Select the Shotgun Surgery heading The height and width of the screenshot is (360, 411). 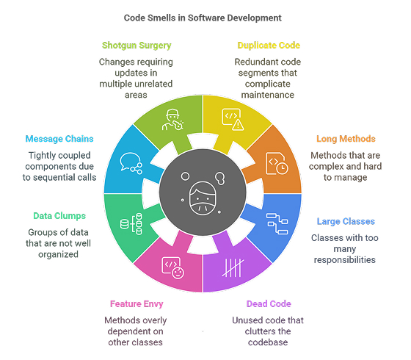(x=136, y=46)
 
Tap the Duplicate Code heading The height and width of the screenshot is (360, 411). (x=268, y=46)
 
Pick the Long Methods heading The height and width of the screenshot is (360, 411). (x=346, y=138)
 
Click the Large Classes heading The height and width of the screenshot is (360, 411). (x=345, y=221)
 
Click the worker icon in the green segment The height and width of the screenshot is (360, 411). (x=173, y=119)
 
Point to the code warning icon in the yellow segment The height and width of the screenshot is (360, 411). (x=233, y=120)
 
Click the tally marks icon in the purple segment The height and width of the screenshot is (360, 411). (x=232, y=265)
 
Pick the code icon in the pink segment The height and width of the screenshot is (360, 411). (x=173, y=266)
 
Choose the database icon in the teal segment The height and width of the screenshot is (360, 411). (x=131, y=222)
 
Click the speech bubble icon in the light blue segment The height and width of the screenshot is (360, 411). (x=131, y=162)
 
